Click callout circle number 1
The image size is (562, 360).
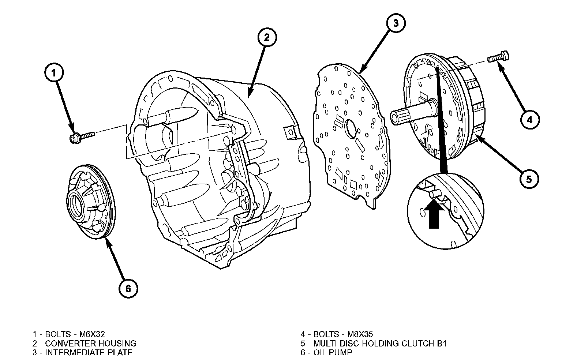pyautogui.click(x=54, y=73)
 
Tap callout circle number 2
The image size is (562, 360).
pyautogui.click(x=267, y=37)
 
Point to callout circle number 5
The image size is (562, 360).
pyautogui.click(x=529, y=179)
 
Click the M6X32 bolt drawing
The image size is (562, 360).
pyautogui.click(x=81, y=137)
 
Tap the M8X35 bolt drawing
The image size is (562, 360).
pyautogui.click(x=499, y=57)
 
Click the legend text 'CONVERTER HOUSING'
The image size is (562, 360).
pyautogui.click(x=91, y=344)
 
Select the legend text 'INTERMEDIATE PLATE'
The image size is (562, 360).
pyautogui.click(x=89, y=353)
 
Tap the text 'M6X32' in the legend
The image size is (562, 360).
pyautogui.click(x=90, y=334)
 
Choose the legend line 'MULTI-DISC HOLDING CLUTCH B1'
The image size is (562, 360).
pyautogui.click(x=380, y=344)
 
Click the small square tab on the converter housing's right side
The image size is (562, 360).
pyautogui.click(x=290, y=131)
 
